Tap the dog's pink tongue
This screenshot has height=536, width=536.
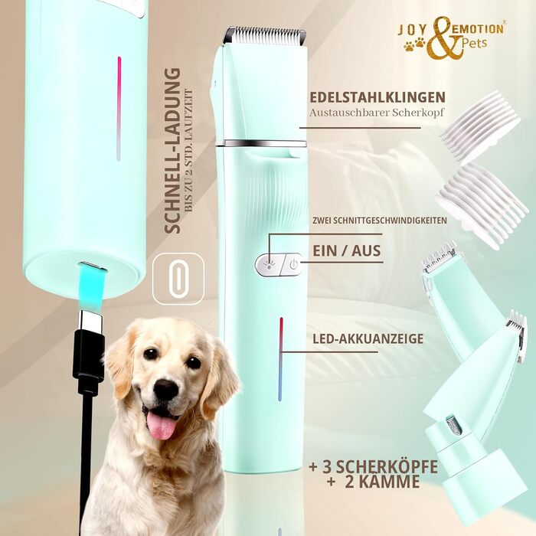point(162,426)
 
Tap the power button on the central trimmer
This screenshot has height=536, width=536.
point(292,265)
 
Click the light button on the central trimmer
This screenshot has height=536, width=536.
point(268,265)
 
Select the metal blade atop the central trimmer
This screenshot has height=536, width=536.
point(264,35)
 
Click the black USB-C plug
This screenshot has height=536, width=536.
point(88,355)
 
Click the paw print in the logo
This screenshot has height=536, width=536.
point(415,45)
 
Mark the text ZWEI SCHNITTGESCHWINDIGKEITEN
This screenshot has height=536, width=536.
point(379,221)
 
